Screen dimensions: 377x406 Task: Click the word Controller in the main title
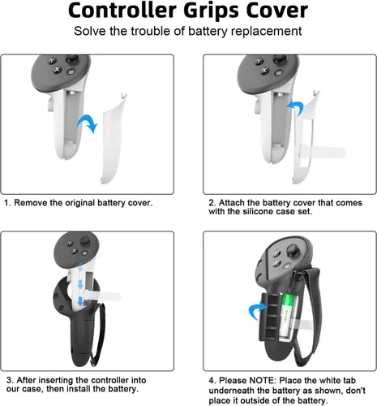(x=123, y=11)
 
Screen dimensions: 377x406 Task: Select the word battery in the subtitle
(x=208, y=32)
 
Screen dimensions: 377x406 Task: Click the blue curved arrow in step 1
(x=88, y=123)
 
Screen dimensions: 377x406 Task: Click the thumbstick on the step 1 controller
(x=72, y=58)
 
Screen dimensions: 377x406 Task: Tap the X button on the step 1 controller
(x=57, y=70)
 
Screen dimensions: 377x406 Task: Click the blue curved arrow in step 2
(x=295, y=107)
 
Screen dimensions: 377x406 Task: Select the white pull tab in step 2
(x=323, y=152)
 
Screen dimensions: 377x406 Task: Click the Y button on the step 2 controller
(x=259, y=61)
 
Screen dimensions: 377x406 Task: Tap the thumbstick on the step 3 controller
(x=85, y=240)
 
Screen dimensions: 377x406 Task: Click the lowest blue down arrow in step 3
(x=80, y=301)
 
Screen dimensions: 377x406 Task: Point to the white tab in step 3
(x=102, y=296)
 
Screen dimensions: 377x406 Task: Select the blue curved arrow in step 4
(x=257, y=311)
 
